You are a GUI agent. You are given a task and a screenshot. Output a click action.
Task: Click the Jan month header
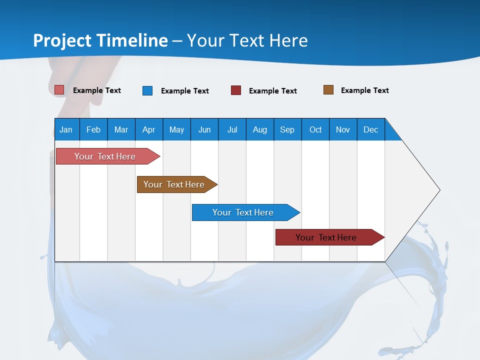pyautogui.click(x=66, y=129)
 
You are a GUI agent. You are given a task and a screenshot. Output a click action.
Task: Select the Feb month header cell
pyautogui.click(x=93, y=129)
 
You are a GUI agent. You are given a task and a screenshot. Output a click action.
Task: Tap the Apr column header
pyautogui.click(x=148, y=129)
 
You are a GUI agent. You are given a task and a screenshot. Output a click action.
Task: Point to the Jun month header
pyautogui.click(x=204, y=129)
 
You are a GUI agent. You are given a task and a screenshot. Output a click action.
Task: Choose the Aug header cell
pyautogui.click(x=259, y=129)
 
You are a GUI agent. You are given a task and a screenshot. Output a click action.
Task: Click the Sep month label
pyautogui.click(x=287, y=129)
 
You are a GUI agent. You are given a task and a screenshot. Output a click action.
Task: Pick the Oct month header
pyautogui.click(x=315, y=129)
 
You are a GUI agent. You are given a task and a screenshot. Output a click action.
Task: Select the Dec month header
pyautogui.click(x=370, y=129)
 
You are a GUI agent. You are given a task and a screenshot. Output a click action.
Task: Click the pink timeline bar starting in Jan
pyautogui.click(x=105, y=156)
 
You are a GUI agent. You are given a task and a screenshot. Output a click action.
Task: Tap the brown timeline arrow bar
pyautogui.click(x=174, y=184)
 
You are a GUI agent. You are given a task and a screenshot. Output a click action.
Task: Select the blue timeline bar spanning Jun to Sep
pyautogui.click(x=243, y=212)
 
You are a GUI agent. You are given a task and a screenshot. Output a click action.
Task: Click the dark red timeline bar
pyautogui.click(x=326, y=237)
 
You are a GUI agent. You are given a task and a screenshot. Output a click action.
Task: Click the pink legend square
pyautogui.click(x=59, y=90)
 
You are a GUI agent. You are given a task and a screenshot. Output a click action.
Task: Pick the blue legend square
pyautogui.click(x=147, y=90)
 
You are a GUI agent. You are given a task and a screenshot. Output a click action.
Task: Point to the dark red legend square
pyautogui.click(x=236, y=90)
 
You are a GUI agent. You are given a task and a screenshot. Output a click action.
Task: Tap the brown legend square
pyautogui.click(x=328, y=90)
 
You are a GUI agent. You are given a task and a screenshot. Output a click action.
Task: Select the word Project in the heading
pyautogui.click(x=62, y=40)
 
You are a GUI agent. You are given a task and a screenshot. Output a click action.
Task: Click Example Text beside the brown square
pyautogui.click(x=364, y=90)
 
